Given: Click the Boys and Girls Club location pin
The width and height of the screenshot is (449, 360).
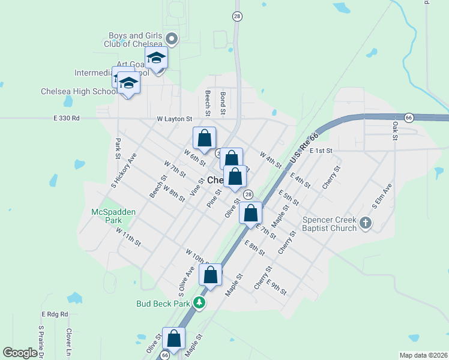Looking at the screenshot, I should tap(172, 40).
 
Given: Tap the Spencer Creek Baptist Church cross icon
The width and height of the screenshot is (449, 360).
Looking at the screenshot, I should tap(366, 224).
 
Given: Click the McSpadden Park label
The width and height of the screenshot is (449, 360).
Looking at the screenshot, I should tap(114, 216).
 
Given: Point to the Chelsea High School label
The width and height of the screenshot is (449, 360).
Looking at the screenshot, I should tap(79, 92).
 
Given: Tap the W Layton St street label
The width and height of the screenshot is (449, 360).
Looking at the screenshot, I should tap(174, 119).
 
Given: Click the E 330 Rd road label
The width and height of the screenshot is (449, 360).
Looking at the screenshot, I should tap(66, 119).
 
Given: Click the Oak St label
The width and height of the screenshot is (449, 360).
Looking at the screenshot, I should tap(395, 131).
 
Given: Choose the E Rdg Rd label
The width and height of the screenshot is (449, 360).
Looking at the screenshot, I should tap(55, 314).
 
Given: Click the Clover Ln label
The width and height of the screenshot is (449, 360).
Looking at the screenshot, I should tap(70, 341).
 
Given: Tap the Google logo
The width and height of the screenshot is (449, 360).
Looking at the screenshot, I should tap(21, 353).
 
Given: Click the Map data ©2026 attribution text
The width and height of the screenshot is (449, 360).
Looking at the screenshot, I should tap(423, 355).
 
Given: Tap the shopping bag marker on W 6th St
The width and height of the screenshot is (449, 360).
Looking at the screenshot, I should tap(204, 139).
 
